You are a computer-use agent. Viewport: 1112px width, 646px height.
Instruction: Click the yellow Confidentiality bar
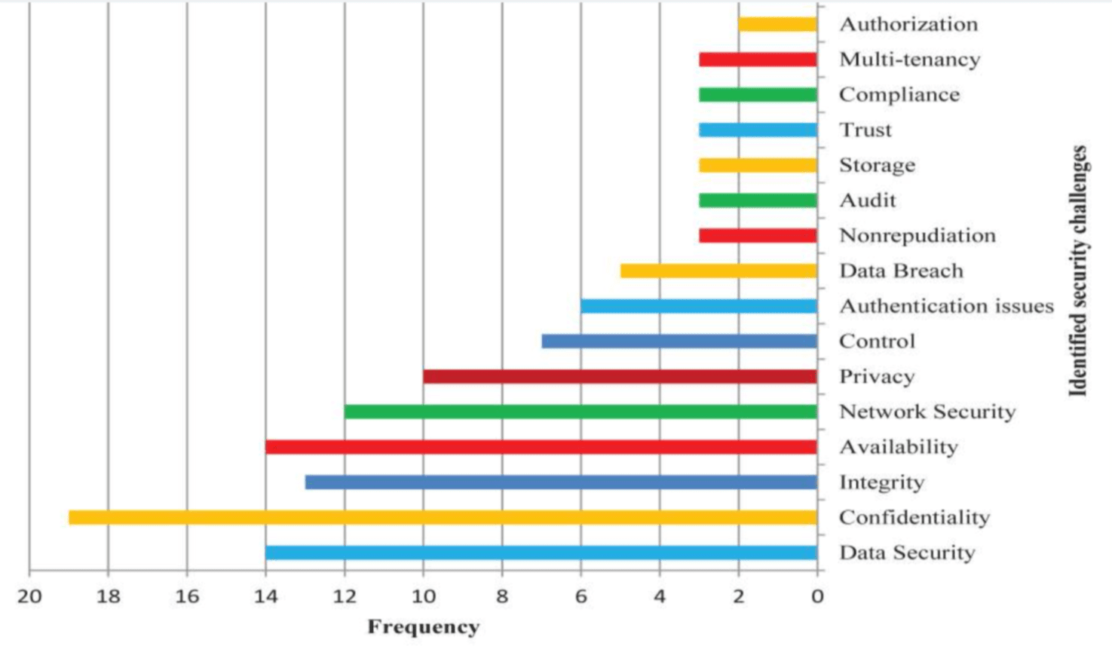click(x=443, y=517)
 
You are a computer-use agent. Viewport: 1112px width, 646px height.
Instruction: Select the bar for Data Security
click(x=541, y=553)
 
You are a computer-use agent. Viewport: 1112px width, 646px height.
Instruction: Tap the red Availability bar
click(x=541, y=447)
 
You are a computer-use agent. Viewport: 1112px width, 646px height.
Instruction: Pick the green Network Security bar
click(x=581, y=412)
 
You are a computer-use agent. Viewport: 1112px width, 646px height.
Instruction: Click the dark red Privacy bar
click(x=620, y=376)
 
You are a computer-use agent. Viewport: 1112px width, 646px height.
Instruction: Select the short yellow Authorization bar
click(x=777, y=24)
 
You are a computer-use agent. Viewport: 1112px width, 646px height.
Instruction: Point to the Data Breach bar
click(x=718, y=271)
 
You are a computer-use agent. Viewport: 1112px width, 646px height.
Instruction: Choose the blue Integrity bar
click(x=561, y=482)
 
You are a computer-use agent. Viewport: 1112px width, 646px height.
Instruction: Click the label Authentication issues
click(x=946, y=306)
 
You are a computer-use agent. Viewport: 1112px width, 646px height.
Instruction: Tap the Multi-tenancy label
click(x=909, y=60)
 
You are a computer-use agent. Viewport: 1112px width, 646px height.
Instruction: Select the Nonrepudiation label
click(x=917, y=236)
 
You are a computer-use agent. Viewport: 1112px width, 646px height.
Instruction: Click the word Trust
click(x=865, y=130)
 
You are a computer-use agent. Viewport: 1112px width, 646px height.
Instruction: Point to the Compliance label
click(x=899, y=95)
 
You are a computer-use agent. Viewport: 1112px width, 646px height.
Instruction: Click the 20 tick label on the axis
click(x=29, y=596)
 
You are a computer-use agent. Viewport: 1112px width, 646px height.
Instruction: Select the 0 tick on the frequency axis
click(x=817, y=596)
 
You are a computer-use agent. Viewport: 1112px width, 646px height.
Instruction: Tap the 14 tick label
click(x=265, y=596)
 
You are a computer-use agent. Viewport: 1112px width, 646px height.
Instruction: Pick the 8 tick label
click(x=502, y=596)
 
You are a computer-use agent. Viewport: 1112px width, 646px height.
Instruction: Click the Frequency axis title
click(x=423, y=627)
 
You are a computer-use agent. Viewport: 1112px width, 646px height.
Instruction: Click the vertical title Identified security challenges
click(x=1079, y=271)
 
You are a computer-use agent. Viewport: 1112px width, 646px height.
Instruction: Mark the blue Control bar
click(x=679, y=341)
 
